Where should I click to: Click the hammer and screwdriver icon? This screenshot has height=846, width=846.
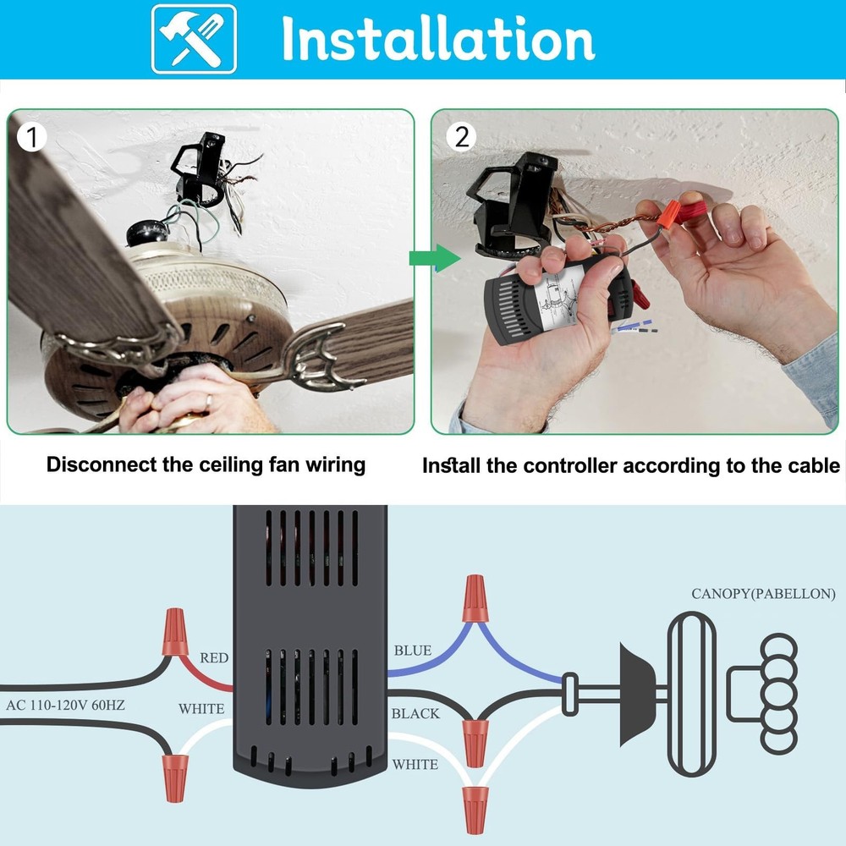[194, 39]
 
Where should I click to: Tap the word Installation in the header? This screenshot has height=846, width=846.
[437, 39]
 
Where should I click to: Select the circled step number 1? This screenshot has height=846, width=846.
[32, 136]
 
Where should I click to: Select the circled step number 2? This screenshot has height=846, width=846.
[461, 136]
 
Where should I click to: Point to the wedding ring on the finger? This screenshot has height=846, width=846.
[208, 399]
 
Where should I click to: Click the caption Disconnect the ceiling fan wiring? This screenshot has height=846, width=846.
[206, 464]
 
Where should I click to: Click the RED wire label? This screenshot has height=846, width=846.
[214, 657]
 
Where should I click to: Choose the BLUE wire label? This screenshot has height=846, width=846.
[413, 651]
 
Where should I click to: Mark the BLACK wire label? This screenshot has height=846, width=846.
[415, 713]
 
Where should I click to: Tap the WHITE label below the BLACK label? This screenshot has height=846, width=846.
[415, 765]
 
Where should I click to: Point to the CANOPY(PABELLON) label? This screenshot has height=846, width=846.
[763, 593]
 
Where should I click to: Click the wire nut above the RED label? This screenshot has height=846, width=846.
[174, 630]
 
